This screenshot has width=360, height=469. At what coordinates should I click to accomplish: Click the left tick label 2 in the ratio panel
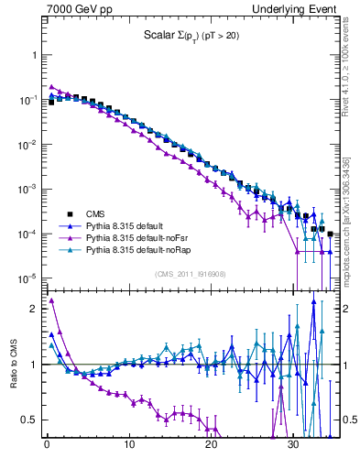(35, 309)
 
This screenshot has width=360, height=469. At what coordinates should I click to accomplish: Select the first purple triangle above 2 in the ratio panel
(51, 300)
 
